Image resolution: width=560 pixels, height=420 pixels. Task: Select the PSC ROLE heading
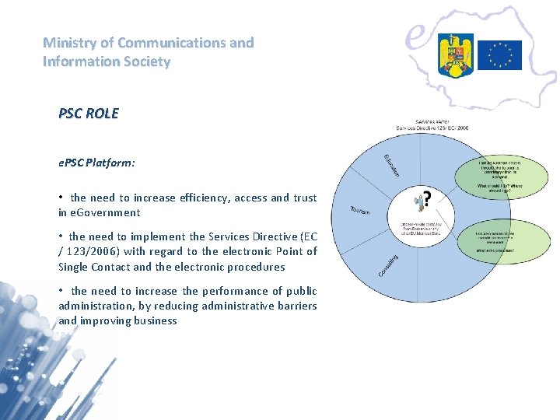tap(89, 114)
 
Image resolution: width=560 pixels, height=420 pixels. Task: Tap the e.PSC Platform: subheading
tap(96, 163)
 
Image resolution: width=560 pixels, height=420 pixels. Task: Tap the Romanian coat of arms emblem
tap(455, 54)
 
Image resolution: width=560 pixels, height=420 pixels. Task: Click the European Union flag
tap(499, 54)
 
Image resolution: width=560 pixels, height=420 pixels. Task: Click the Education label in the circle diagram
tap(390, 164)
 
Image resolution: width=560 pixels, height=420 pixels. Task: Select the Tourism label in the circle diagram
tap(359, 211)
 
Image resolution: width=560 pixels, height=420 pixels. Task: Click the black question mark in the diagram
tap(426, 197)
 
